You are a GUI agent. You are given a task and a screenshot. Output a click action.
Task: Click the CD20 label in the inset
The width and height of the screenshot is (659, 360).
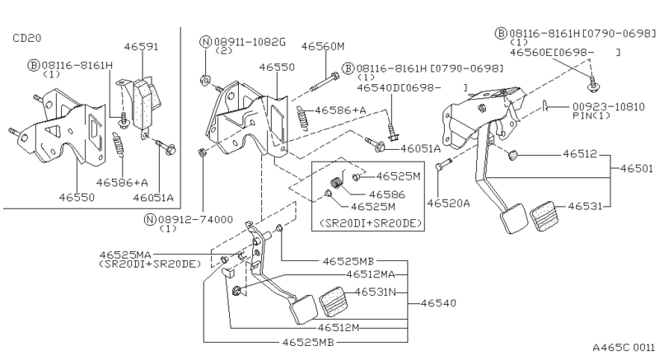(27, 38)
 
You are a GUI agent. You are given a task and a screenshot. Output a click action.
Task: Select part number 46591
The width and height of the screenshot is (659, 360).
(141, 47)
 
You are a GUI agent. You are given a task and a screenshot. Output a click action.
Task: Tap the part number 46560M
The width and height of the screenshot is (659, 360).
(323, 46)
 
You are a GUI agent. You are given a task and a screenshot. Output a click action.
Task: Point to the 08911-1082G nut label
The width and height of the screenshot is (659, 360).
(250, 41)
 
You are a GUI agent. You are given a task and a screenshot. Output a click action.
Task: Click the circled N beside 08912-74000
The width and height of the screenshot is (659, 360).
(150, 219)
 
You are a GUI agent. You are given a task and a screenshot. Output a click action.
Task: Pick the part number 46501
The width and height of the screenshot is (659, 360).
(636, 168)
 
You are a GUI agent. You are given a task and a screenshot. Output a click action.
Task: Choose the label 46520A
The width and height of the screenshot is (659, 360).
(448, 203)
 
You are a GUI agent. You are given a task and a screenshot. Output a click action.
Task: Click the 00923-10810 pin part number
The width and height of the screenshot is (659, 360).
(609, 107)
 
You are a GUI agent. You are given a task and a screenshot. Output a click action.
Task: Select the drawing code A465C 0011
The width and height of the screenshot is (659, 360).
(624, 348)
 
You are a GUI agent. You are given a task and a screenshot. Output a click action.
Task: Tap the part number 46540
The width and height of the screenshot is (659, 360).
(438, 303)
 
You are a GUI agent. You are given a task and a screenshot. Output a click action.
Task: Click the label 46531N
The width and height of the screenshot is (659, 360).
(376, 292)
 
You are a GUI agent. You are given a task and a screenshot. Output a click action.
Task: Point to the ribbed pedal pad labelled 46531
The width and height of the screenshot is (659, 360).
(544, 217)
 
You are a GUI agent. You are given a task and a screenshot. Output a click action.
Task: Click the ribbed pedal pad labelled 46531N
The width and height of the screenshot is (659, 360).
(334, 301)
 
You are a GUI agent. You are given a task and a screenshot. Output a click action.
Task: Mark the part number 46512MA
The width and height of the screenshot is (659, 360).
(371, 274)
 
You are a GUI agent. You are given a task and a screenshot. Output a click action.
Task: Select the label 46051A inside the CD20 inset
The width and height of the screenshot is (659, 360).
(153, 198)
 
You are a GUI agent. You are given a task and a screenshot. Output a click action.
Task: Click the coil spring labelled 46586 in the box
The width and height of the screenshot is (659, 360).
(336, 184)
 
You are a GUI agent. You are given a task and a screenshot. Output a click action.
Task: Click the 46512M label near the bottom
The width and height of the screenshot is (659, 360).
(339, 327)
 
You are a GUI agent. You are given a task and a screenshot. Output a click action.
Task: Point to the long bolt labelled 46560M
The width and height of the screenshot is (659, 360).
(325, 82)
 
